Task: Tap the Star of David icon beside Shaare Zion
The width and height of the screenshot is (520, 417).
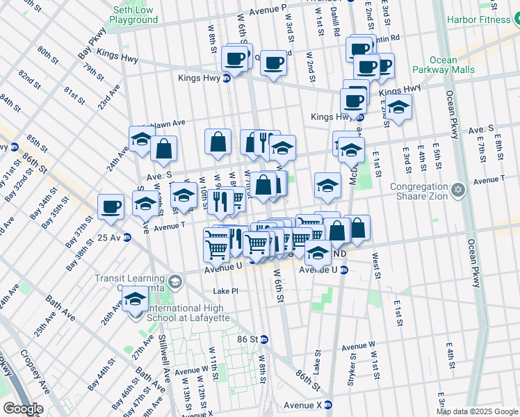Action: coord(457,190)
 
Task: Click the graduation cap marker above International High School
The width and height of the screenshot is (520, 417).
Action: coord(135,299)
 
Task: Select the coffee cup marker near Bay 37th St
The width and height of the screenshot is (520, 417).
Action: coord(111,206)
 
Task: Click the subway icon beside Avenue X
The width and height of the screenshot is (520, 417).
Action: coord(329,404)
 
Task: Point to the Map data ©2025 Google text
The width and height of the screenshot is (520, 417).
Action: coord(477,411)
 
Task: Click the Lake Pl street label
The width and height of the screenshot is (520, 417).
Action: coord(225,291)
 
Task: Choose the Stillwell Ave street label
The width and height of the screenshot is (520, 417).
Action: coord(167,361)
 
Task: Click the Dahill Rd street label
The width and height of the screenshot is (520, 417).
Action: coord(336,19)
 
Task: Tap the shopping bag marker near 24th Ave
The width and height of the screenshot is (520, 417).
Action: coord(163,148)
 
